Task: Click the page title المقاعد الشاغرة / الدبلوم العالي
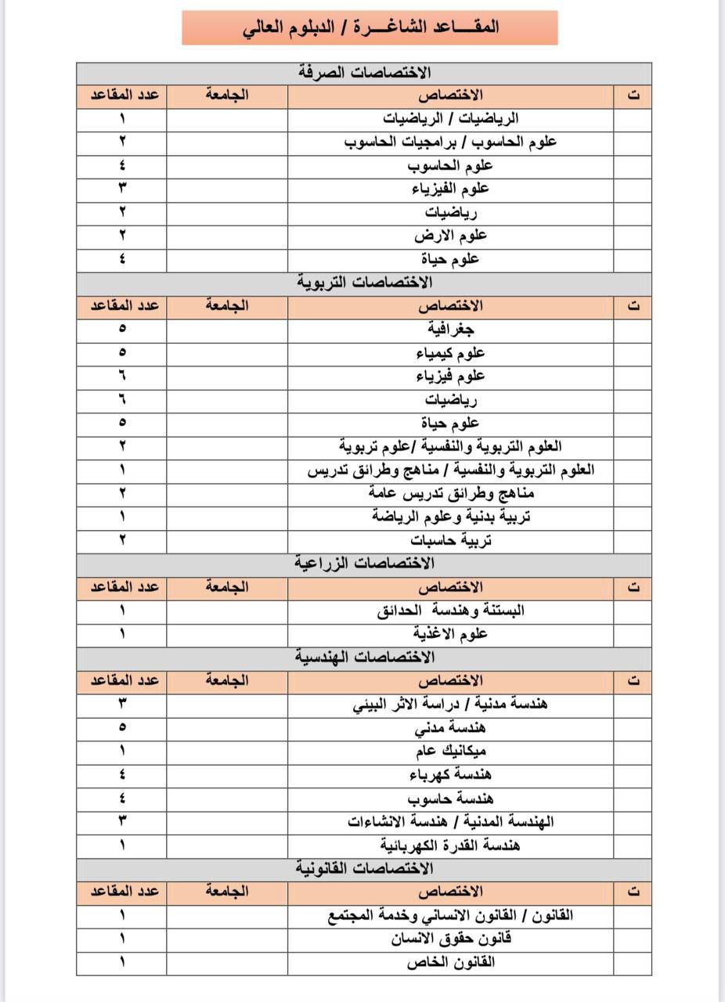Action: tap(370, 27)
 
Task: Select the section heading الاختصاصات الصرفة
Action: tap(365, 73)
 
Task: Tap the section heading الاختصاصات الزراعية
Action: tap(365, 563)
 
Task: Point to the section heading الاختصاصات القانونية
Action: tap(365, 868)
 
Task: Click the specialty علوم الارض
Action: tap(450, 236)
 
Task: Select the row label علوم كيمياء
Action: tap(450, 353)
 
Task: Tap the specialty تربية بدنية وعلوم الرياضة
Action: tap(450, 517)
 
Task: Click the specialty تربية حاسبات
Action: tap(450, 540)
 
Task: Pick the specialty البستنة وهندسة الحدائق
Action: tap(450, 610)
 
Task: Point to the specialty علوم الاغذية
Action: tap(450, 633)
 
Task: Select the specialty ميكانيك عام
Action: tap(450, 751)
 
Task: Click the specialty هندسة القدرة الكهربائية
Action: tap(450, 845)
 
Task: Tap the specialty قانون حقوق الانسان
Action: tap(450, 939)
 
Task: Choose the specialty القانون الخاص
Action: tap(450, 962)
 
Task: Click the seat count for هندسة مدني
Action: tap(122, 727)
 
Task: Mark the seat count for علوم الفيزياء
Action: tap(122, 189)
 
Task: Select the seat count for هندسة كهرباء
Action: tap(122, 774)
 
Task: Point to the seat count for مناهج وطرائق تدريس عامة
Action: tap(122, 493)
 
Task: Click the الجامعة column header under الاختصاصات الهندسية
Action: tap(227, 680)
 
